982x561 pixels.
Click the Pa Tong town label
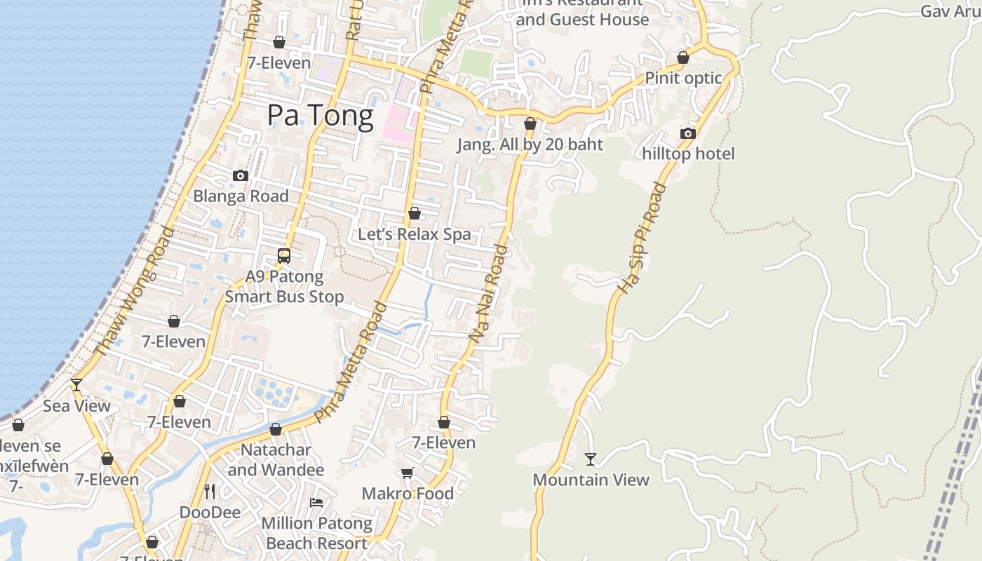pos(320,116)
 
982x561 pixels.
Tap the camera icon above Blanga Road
pos(241,175)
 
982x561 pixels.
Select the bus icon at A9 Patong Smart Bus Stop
pos(284,256)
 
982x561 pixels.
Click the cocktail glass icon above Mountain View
pos(591,459)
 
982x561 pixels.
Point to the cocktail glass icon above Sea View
pos(76,385)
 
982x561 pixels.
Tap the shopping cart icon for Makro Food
pos(408,473)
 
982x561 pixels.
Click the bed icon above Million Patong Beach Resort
pos(316,503)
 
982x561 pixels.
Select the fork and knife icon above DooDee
pos(209,491)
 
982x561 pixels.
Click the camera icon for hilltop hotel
pos(688,133)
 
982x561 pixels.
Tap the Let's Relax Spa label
pos(415,234)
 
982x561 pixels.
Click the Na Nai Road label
pos(487,293)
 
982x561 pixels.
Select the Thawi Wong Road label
pos(133,291)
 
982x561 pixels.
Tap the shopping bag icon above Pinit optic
pos(683,58)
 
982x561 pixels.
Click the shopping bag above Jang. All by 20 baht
pos(530,124)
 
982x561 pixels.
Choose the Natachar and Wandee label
pos(276,459)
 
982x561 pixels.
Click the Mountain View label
pos(591,480)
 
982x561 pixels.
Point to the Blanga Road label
pos(241,196)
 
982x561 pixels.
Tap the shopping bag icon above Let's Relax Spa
pos(415,213)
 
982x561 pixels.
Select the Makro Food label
pos(408,494)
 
